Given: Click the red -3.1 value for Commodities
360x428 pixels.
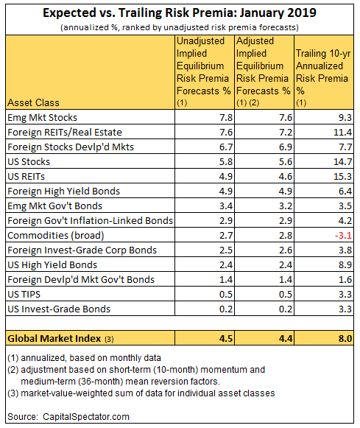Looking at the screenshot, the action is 343,235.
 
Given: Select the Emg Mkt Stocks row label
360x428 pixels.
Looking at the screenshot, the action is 42,118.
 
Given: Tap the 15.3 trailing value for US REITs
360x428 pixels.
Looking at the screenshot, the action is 343,176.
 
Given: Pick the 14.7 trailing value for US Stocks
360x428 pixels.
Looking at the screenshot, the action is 343,161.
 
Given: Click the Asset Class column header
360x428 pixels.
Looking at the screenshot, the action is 33,102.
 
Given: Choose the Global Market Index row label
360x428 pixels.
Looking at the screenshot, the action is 54,338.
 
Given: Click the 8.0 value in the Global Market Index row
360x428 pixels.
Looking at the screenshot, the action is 345,338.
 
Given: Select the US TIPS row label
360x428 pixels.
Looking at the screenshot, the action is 24,294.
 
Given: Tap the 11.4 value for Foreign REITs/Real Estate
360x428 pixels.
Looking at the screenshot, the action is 343,132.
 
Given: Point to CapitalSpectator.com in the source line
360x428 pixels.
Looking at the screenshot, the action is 86,417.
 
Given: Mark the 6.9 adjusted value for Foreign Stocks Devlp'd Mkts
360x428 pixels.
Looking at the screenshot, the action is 286,147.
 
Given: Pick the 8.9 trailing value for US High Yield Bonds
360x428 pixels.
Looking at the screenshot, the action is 345,264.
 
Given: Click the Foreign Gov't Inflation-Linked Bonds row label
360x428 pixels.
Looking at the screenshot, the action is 91,220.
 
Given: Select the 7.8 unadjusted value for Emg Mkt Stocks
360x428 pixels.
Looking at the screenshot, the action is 226,117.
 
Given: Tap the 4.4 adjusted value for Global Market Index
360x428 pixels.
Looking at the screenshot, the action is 286,338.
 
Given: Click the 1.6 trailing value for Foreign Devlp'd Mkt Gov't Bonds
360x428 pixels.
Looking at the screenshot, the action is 345,279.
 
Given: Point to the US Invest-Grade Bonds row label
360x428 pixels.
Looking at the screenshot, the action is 59,309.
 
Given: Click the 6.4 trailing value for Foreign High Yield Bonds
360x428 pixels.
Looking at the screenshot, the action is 345,191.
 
